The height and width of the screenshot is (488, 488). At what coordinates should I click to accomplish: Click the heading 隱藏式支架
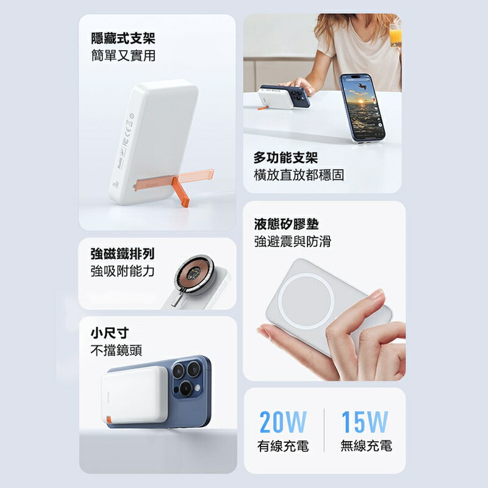coord(123,39)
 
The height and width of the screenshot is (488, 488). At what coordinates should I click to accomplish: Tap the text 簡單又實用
coord(123,56)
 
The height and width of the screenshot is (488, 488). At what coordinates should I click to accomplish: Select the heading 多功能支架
coord(285,158)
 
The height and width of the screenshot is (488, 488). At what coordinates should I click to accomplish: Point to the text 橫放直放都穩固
coord(298,175)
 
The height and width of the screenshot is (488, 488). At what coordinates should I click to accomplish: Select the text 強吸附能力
coord(123,271)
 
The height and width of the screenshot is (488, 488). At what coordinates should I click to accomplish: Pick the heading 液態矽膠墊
coord(286,224)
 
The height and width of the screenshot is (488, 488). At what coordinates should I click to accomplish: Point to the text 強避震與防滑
coord(292,242)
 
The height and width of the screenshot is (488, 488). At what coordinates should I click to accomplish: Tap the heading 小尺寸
coord(109,333)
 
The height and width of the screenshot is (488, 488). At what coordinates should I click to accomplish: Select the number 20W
coord(282,422)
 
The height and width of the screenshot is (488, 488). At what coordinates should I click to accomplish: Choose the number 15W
coord(364,422)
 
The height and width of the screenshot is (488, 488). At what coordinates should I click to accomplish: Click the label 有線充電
coord(282,446)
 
